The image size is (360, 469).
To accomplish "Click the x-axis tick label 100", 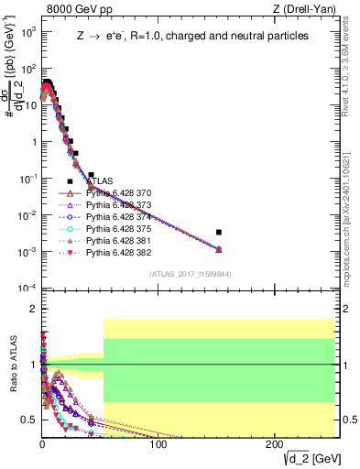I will click(x=158, y=444).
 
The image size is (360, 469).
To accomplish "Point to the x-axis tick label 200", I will click(x=273, y=444).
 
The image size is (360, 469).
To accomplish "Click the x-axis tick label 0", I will click(x=42, y=444).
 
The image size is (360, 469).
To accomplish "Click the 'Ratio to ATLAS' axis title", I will click(x=13, y=366).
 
